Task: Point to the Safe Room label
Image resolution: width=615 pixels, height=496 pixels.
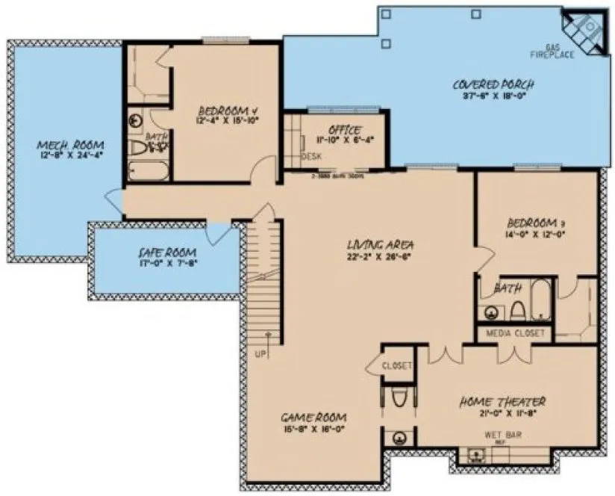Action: (x=167, y=252)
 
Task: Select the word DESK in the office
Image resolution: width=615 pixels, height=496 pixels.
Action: (x=311, y=157)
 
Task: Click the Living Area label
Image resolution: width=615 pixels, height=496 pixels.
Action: (x=381, y=244)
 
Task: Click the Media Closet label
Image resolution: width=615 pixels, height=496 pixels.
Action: (x=515, y=332)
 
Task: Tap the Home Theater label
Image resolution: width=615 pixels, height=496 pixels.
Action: (x=502, y=401)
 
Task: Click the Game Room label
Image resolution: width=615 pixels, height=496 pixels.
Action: (x=313, y=416)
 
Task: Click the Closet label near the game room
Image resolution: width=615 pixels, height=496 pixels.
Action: (x=396, y=366)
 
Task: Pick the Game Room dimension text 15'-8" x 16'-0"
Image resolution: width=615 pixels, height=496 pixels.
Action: (x=313, y=429)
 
